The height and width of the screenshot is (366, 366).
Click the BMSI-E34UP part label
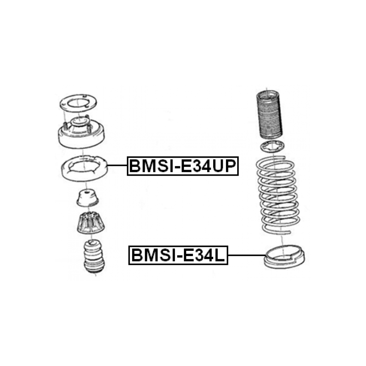[182, 166]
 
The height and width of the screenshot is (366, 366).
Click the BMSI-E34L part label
[178, 255]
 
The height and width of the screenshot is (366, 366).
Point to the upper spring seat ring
[84, 168]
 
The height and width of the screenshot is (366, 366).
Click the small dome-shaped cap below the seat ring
[88, 199]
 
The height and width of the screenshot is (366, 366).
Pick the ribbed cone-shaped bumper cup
[90, 223]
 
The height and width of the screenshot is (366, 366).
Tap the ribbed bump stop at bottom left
[94, 256]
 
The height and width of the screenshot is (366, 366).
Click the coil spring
[277, 195]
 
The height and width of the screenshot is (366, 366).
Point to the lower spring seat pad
[284, 257]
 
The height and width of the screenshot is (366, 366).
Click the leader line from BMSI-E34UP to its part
[117, 165]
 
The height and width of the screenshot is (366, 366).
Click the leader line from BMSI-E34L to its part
[247, 255]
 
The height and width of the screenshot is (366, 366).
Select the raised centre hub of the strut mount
[80, 123]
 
